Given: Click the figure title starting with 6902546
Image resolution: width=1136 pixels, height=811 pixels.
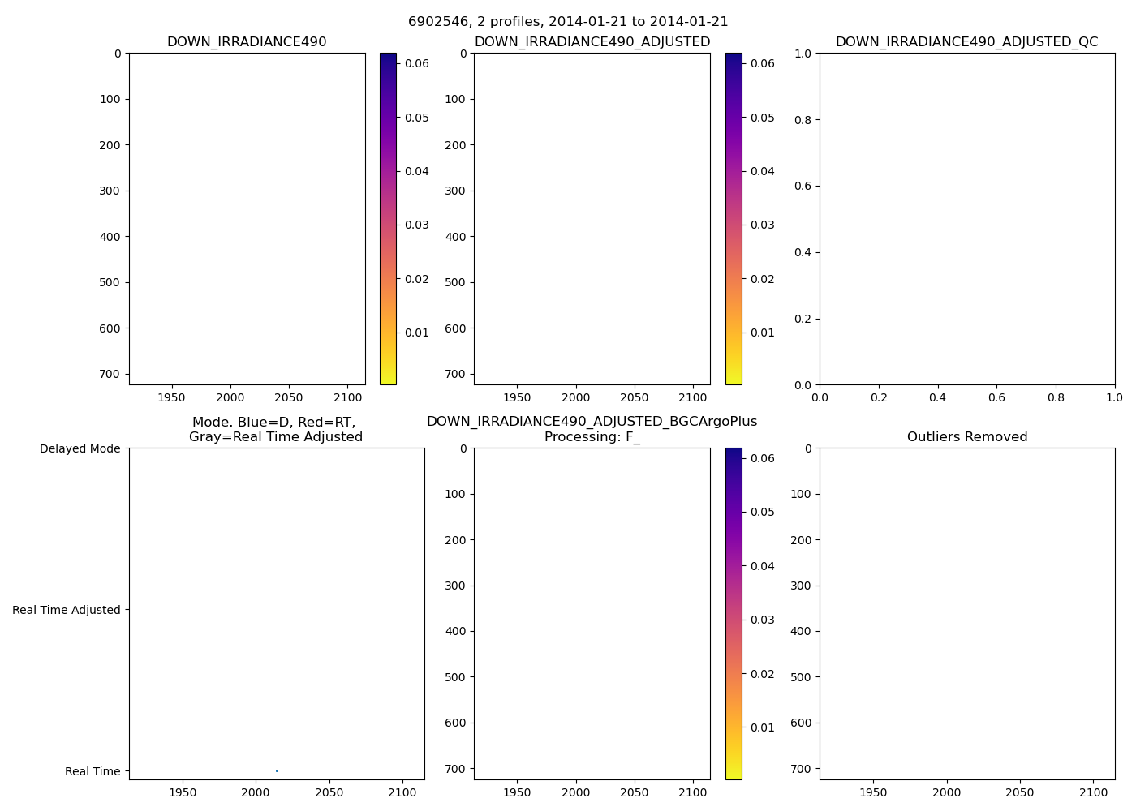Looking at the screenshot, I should [568, 22].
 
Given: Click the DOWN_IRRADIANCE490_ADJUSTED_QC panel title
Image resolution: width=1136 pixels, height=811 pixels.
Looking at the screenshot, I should [966, 42].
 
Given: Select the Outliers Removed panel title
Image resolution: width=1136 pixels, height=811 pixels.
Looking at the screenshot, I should [966, 437].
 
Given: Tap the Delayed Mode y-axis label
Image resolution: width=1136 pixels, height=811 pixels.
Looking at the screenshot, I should [80, 448].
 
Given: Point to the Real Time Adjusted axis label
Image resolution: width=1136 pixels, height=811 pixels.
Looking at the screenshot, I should [66, 610].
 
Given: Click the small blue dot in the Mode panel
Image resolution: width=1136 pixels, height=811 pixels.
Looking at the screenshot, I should [277, 770].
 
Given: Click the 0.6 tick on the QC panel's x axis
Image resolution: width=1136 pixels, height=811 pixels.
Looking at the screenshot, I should [996, 398].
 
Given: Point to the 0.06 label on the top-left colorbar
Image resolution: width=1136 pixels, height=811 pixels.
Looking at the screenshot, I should [417, 63].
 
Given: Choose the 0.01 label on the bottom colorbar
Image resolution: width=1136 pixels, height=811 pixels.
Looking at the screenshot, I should [763, 727].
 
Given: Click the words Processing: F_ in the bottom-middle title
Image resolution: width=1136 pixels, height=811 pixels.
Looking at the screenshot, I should [592, 437].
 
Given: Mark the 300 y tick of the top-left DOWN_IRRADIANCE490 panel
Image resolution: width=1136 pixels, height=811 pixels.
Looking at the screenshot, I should [111, 191].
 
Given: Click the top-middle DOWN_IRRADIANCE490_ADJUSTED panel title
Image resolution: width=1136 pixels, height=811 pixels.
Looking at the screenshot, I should [592, 42].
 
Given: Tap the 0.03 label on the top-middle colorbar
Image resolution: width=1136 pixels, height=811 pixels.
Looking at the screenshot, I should [763, 225].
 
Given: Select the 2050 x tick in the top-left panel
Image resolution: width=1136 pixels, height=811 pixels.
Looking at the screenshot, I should [289, 398].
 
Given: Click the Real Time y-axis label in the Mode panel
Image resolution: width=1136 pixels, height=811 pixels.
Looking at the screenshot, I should [93, 771].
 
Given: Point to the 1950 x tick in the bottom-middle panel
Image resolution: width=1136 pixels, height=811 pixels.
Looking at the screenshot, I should [517, 792].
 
